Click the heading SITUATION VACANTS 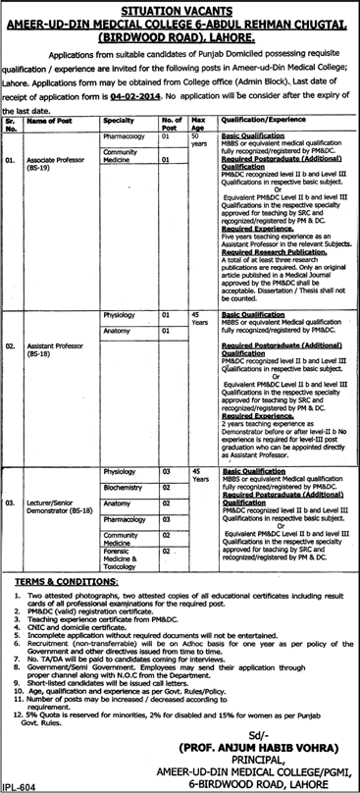[x=180, y=9]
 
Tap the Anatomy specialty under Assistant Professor [x=117, y=330]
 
